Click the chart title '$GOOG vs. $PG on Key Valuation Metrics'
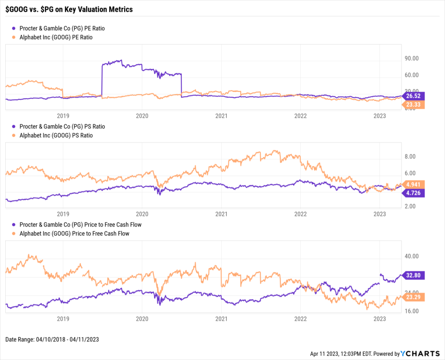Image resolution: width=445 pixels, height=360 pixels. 69,9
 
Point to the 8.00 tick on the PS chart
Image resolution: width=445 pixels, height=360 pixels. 411,156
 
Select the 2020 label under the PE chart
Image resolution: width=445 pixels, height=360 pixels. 142,116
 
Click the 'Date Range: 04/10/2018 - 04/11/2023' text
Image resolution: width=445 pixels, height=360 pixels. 52,340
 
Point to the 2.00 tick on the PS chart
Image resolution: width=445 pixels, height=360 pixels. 411,206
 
